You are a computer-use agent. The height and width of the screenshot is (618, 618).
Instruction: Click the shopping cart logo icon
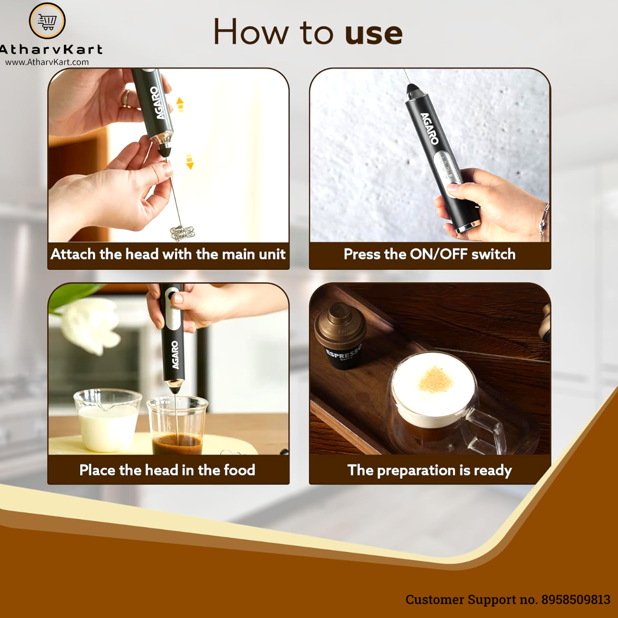pyautogui.click(x=47, y=21)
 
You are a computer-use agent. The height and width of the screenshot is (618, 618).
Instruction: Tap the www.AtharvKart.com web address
pyautogui.click(x=47, y=62)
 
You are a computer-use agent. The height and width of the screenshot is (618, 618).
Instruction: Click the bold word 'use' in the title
pyautogui.click(x=373, y=34)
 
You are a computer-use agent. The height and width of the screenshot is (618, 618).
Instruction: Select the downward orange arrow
pyautogui.click(x=190, y=161)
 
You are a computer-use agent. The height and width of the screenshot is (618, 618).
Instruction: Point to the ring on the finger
pyautogui.click(x=126, y=98)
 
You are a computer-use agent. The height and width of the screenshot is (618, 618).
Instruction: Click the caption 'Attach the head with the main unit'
pyautogui.click(x=168, y=254)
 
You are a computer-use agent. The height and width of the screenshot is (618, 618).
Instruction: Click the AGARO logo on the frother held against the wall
pyautogui.click(x=430, y=129)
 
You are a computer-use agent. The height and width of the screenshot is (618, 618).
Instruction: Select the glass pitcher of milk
pyautogui.click(x=107, y=420)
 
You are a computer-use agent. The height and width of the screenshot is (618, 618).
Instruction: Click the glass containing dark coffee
pyautogui.click(x=177, y=425)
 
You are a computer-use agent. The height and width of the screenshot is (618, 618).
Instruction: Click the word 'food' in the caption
pyautogui.click(x=239, y=470)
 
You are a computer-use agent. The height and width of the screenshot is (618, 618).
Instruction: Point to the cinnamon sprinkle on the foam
pyautogui.click(x=436, y=380)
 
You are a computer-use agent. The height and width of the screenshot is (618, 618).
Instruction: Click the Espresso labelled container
pyautogui.click(x=339, y=336)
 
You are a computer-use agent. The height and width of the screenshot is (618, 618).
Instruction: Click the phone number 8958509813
pyautogui.click(x=576, y=599)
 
